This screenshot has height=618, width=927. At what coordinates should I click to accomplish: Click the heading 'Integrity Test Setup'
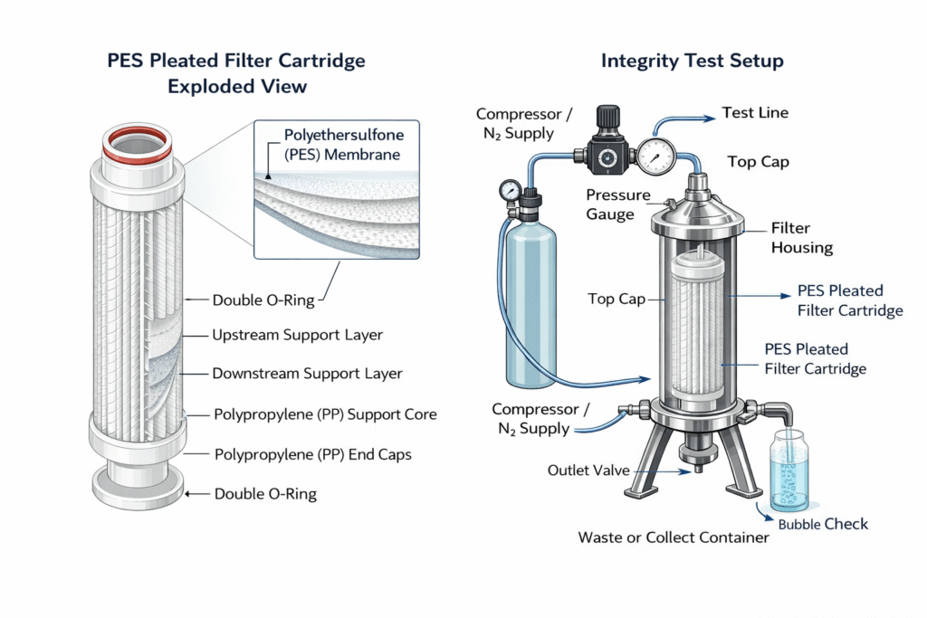692,62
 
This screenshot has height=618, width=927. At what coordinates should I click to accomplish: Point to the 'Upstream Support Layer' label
297,335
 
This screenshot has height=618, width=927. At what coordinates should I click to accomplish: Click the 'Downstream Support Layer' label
307,373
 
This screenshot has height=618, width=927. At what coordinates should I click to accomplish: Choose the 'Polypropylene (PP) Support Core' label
324,414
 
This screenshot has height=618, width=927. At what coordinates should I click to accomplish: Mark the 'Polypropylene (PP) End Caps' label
311,454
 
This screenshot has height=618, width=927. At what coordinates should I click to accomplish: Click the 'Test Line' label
755,113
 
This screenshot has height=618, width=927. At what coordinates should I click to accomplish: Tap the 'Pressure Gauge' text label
618,204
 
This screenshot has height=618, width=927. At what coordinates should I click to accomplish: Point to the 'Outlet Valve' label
588,471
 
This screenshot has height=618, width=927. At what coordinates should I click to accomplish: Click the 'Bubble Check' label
823,524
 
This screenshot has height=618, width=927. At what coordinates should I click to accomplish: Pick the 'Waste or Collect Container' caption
674,537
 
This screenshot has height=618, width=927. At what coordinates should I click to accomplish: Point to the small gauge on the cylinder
510,191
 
